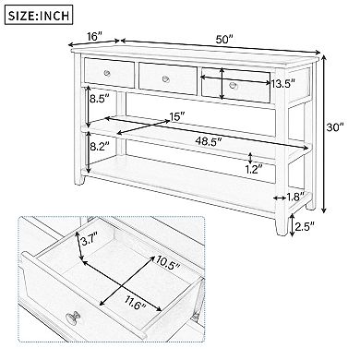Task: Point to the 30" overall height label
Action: [342, 129]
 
